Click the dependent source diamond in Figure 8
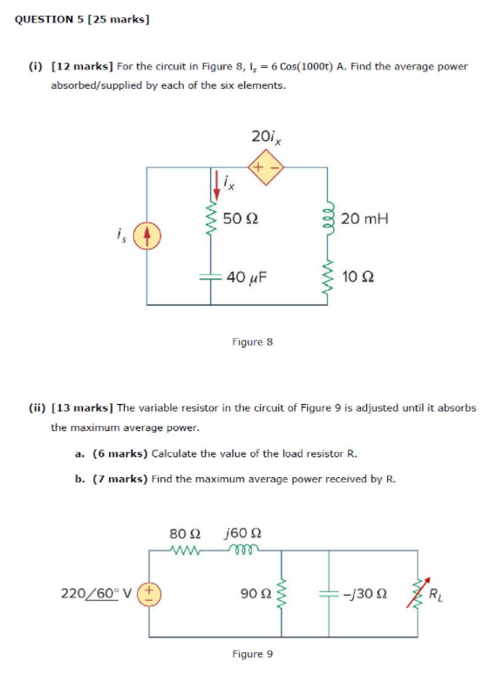tap(265, 168)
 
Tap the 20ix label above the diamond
tap(265, 136)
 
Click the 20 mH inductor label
tap(364, 219)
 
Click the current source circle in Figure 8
tap(147, 236)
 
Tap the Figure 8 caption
tap(253, 342)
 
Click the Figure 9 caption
tap(253, 653)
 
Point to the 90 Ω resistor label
tap(254, 594)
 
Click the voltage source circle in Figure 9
tap(149, 594)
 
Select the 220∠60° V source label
tap(96, 594)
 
